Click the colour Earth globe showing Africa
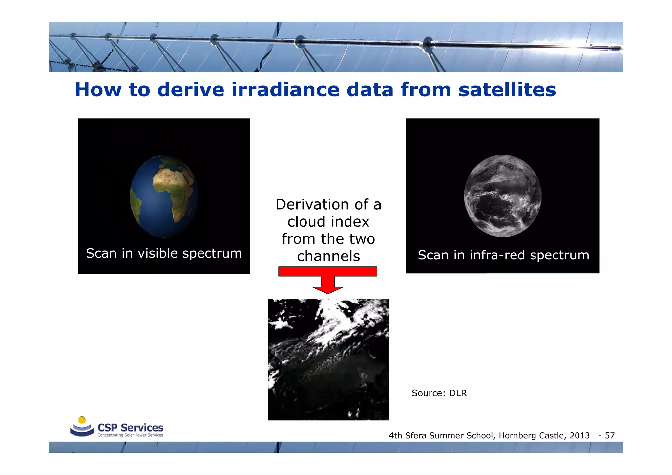tap(164, 196)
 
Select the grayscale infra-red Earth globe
tap(502, 196)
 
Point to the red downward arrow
tap(328, 279)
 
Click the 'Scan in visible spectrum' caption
tap(164, 253)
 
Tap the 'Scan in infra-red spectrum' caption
tap(503, 255)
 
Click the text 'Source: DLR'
tap(439, 393)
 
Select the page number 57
tap(610, 436)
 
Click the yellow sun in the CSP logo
tap(82, 420)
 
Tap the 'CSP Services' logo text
tap(130, 428)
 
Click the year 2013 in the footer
tap(579, 436)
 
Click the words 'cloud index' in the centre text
tap(328, 222)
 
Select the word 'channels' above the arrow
tap(328, 256)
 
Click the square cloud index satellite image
tap(328, 360)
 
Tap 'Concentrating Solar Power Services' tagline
tap(130, 435)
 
